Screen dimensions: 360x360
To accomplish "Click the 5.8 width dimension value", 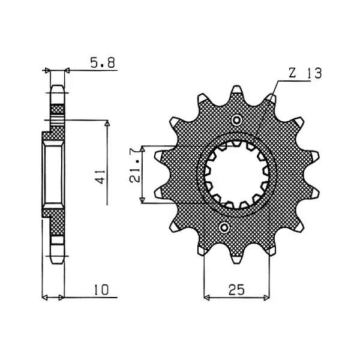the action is pos(103,62).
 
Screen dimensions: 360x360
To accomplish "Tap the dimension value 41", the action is pos(101,177).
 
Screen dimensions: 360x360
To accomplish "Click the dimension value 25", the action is pos(236,290).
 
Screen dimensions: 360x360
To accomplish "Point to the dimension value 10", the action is pos(101,290).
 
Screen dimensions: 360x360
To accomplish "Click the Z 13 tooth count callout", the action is pos(305,73).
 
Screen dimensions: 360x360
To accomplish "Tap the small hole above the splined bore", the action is pos(236,119).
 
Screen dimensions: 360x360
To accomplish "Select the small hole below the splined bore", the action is pos(224,227).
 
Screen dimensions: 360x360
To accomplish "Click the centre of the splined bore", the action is pos(236,175).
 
